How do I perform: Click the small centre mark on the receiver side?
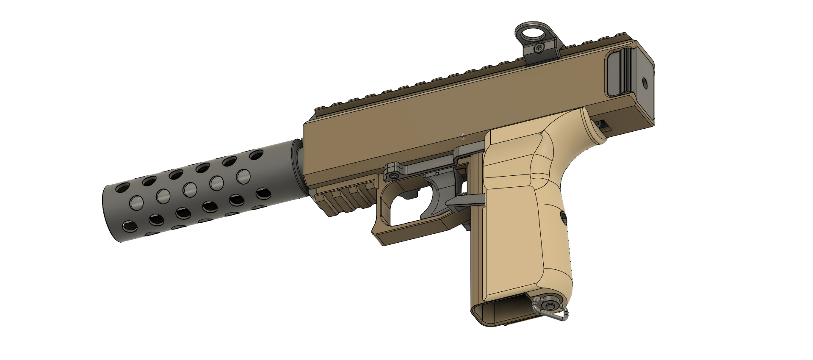point(463,136)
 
